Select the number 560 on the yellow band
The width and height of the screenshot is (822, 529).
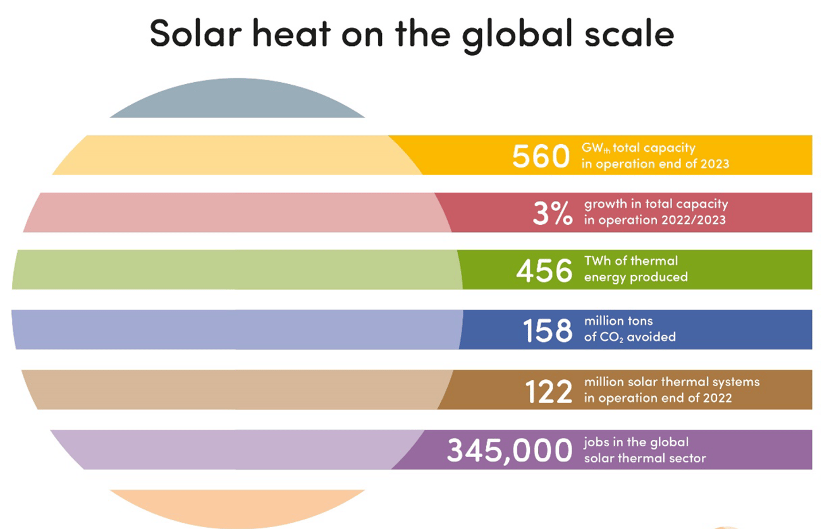pos(541,156)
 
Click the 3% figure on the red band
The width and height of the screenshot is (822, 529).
pos(553,214)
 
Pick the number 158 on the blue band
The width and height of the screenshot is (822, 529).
pos(548,330)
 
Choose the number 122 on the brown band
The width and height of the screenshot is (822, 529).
pos(549,391)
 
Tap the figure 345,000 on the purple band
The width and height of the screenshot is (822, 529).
pos(509,451)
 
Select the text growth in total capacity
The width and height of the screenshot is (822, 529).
pos(656,204)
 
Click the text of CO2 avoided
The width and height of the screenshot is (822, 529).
pos(629,337)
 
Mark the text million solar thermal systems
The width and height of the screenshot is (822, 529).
pos(672,382)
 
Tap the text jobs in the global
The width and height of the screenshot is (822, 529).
pos(636,442)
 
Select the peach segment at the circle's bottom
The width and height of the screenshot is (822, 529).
pos(237,506)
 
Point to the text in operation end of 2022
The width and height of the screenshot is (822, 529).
pos(658,398)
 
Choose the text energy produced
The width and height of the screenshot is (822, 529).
pos(635,277)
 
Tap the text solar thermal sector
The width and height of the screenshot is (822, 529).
pos(644,458)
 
